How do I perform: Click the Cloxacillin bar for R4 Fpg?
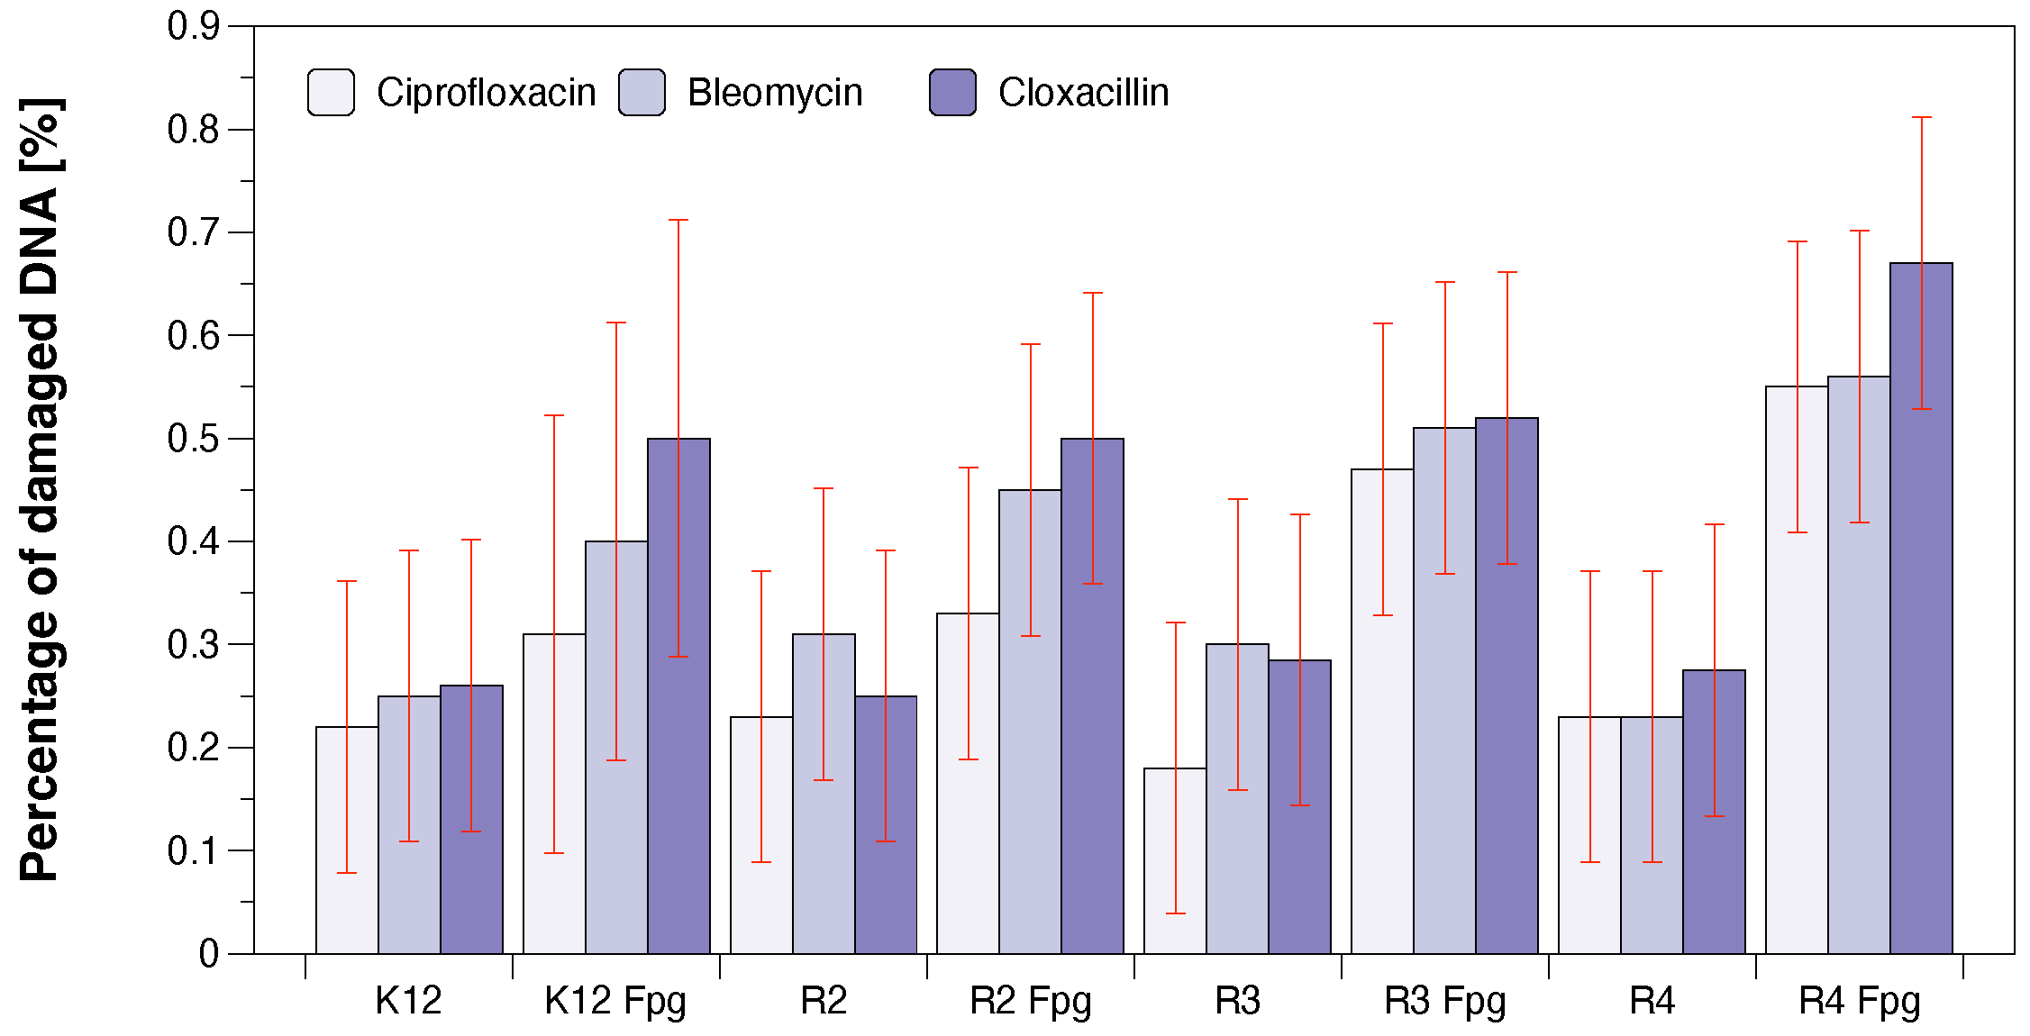click(1921, 608)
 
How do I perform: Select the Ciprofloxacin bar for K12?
click(347, 840)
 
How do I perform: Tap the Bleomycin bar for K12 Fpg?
click(616, 747)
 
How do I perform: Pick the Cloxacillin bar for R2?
click(886, 824)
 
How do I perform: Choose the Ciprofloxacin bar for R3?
click(1175, 860)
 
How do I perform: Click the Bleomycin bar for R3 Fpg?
click(1444, 690)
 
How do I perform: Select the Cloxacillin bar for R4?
click(1714, 812)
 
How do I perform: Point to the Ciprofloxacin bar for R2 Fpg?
click(968, 783)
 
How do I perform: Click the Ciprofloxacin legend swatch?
click(331, 92)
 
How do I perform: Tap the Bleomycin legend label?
click(775, 93)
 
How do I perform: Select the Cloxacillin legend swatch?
click(952, 92)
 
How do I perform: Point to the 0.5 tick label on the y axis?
click(193, 439)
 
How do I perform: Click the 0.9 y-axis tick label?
click(193, 26)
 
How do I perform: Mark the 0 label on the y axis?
click(209, 953)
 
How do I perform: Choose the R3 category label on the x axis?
click(1237, 1001)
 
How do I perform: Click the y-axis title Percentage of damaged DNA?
click(41, 489)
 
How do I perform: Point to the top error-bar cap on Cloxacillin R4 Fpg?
click(1921, 117)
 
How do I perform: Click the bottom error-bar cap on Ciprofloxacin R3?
click(1175, 913)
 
